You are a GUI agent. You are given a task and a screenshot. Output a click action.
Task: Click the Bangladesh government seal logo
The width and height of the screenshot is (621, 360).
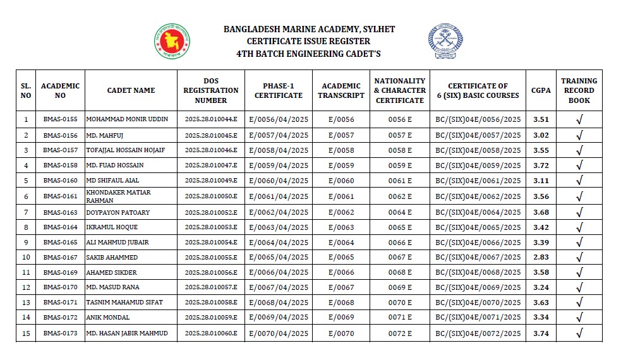pos(173,41)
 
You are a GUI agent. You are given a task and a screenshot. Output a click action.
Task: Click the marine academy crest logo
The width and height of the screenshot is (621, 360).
pos(445,41)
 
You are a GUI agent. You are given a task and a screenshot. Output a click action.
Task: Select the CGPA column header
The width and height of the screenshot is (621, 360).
pos(540,90)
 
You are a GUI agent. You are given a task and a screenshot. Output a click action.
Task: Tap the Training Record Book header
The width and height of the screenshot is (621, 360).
pos(579,90)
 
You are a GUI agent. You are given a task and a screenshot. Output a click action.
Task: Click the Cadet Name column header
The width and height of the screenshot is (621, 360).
pos(131,90)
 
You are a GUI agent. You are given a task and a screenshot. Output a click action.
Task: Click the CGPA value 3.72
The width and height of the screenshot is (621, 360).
pos(541,165)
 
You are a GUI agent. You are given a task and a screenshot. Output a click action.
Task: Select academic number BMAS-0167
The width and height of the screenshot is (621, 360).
pos(60,258)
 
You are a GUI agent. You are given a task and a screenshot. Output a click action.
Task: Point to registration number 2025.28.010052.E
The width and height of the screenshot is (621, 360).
pos(211,212)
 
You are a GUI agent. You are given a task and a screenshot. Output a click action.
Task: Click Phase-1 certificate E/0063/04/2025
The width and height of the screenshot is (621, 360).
pos(279,227)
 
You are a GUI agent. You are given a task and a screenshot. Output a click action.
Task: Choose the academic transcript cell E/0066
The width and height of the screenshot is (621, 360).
pos(341,273)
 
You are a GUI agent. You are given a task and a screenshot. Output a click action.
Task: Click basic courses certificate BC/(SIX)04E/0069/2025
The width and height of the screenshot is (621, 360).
pos(478,288)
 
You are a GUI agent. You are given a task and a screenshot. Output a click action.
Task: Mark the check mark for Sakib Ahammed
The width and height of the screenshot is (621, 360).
pos(579,258)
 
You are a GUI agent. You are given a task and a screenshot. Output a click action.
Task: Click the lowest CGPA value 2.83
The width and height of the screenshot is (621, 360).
pos(541,258)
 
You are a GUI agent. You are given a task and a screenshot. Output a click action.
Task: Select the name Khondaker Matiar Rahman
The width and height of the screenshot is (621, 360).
pos(118,196)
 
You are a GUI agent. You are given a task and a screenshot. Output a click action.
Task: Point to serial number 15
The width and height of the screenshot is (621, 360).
pos(26,333)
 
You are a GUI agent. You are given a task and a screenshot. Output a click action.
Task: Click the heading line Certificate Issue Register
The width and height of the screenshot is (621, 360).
pos(309,41)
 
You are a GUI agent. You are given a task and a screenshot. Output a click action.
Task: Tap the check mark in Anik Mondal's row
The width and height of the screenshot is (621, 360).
pos(579,318)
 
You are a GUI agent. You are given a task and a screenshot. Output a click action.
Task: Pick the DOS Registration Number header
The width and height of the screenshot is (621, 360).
pos(211,90)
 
